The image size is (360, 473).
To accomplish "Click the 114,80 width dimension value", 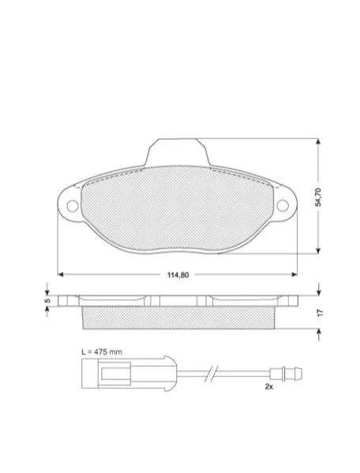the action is pyautogui.click(x=178, y=275).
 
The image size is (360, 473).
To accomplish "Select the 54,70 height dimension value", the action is pyautogui.click(x=318, y=197).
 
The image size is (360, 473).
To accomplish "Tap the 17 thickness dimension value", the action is pyautogui.click(x=320, y=313).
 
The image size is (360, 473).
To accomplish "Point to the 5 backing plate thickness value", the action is pyautogui.click(x=47, y=301).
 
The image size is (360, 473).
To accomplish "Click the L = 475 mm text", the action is pyautogui.click(x=102, y=351).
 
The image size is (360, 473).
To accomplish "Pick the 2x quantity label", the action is pyautogui.click(x=269, y=386).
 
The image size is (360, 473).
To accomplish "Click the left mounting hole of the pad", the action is pyautogui.click(x=73, y=206).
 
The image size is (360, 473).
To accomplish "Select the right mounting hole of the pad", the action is pyautogui.click(x=283, y=205).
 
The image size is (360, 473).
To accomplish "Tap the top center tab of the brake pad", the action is pyautogui.click(x=178, y=152).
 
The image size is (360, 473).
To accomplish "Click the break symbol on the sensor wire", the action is pyautogui.click(x=211, y=374).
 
